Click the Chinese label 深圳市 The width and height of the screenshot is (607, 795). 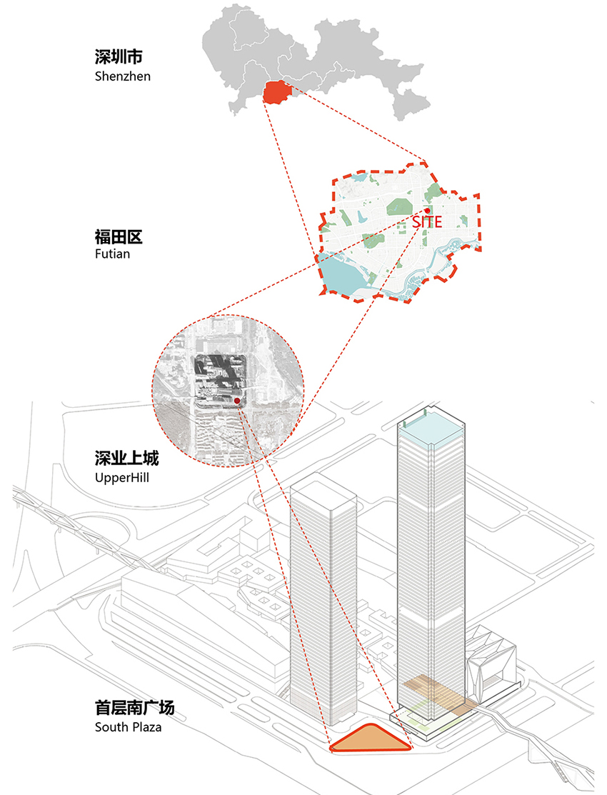click(119, 57)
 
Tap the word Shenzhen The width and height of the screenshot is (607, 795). click(123, 76)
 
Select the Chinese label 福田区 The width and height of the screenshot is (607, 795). click(119, 236)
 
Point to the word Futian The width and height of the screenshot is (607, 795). click(113, 254)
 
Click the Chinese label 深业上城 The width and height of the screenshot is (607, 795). click(127, 458)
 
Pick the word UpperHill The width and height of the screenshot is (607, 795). click(121, 478)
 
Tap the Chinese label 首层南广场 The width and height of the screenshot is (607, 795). click(135, 707)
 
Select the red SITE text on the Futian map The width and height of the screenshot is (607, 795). click(427, 221)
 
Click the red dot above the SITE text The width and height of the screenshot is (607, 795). click(428, 211)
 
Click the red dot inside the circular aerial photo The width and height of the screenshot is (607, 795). click(237, 401)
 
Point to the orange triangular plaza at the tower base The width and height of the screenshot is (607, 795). click(370, 739)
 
